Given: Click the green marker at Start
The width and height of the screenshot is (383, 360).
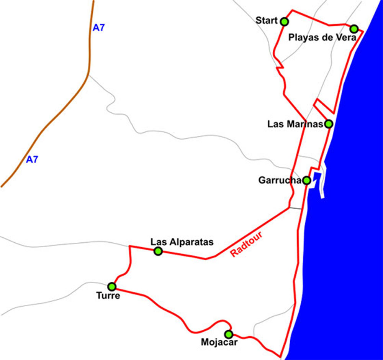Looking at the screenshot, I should (x=284, y=21).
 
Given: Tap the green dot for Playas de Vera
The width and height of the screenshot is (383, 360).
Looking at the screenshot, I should (x=354, y=29).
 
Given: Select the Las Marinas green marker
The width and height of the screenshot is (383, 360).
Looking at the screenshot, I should (x=328, y=124).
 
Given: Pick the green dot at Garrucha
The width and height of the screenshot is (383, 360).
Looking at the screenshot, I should (x=306, y=180).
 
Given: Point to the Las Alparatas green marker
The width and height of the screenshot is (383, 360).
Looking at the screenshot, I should (x=158, y=251).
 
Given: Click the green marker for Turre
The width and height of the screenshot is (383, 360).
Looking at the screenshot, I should (x=112, y=286).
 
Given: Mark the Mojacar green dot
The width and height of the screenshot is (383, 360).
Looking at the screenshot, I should (x=229, y=334).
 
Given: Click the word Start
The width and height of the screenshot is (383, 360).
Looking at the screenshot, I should (x=267, y=20).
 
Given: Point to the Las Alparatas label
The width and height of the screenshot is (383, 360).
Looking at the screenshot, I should (x=182, y=242).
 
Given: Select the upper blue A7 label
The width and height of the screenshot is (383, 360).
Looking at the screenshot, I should (x=99, y=28).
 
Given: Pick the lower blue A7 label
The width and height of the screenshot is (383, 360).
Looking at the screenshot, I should (x=32, y=160).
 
